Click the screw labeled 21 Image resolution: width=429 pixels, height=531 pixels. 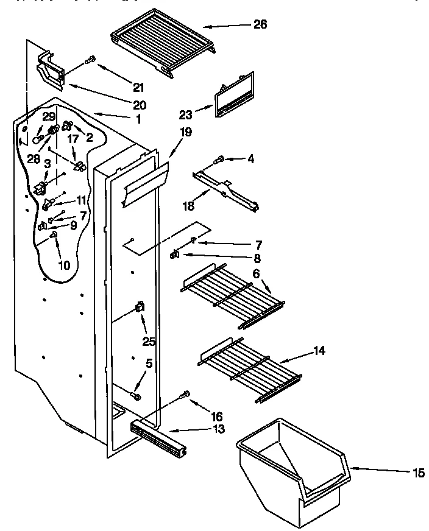(x=91, y=59)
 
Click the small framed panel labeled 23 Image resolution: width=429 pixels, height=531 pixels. (x=234, y=96)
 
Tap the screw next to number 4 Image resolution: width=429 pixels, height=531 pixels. (x=219, y=160)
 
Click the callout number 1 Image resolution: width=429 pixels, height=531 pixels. (x=138, y=119)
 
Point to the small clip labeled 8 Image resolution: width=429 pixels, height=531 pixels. (x=175, y=255)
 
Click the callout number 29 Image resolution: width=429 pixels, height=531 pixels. (x=49, y=116)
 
